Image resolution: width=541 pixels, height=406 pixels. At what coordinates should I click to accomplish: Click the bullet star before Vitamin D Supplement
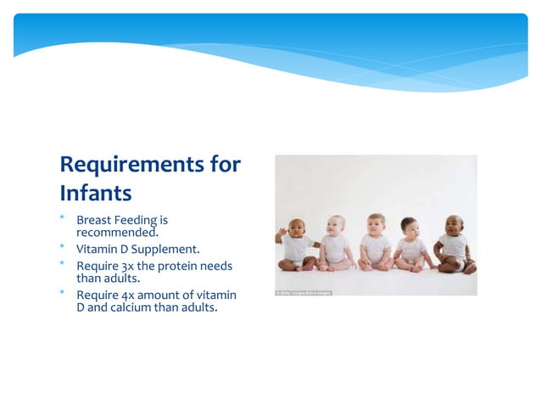62,247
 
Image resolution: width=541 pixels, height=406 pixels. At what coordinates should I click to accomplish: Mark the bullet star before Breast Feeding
62,218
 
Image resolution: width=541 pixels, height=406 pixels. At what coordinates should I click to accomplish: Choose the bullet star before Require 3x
62,264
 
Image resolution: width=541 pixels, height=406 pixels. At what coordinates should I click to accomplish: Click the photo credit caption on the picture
304,293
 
